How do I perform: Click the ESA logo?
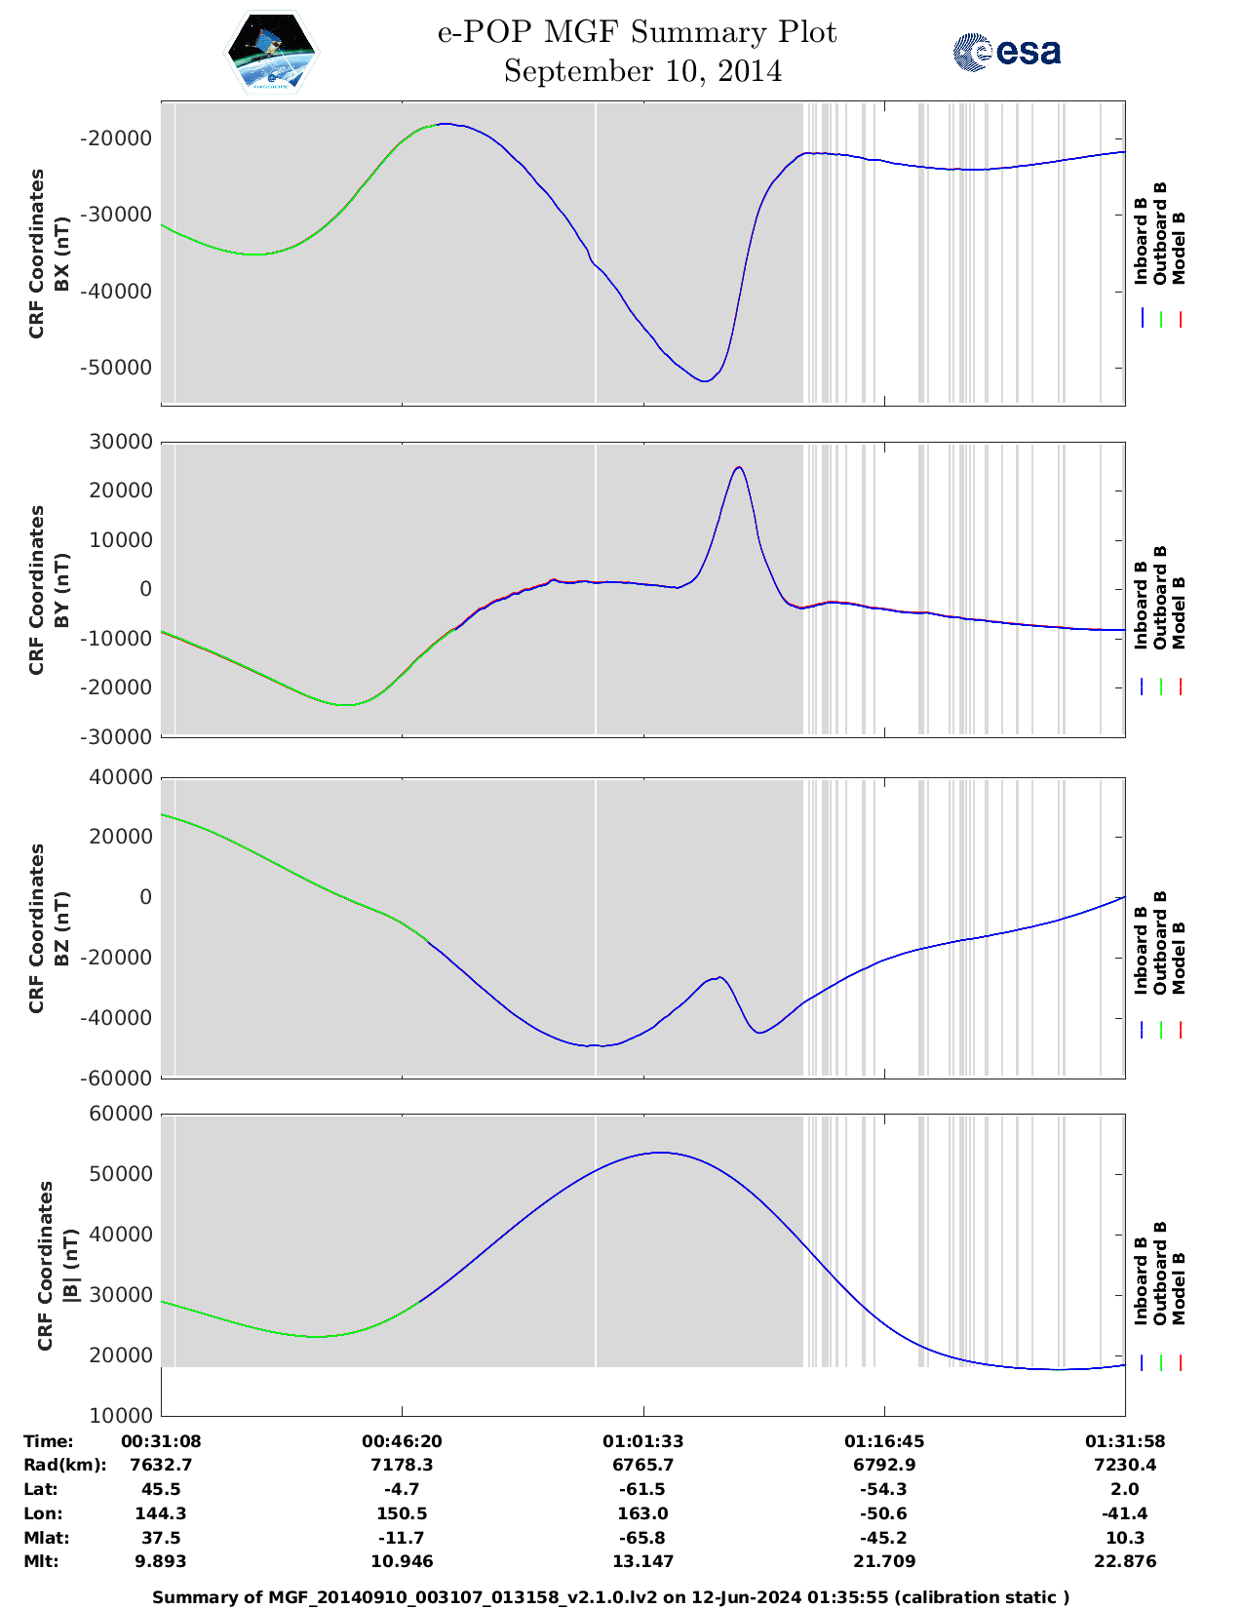click(1007, 52)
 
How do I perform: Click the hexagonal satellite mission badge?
click(272, 53)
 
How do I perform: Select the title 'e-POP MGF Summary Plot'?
click(637, 32)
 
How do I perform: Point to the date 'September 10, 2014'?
click(642, 71)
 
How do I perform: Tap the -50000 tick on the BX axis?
click(116, 368)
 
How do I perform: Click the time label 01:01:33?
click(642, 1441)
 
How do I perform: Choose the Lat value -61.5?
click(642, 1489)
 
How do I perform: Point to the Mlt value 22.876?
click(1125, 1561)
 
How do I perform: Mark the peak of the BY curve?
click(739, 467)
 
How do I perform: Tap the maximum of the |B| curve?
click(661, 1153)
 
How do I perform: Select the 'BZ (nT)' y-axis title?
click(61, 928)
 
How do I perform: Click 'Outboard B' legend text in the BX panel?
click(1160, 234)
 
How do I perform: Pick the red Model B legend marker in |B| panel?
click(1180, 1363)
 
